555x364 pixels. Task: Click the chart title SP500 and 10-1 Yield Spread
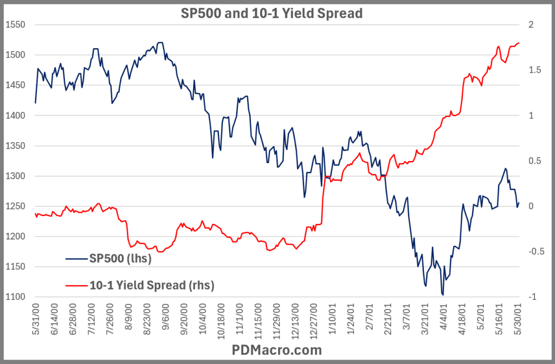(271, 14)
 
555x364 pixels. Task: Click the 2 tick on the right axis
(532, 25)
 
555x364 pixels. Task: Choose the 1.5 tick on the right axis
(534, 70)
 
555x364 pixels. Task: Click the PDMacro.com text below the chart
(277, 350)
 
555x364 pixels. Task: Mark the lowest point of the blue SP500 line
(443, 295)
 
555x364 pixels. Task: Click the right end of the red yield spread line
(519, 43)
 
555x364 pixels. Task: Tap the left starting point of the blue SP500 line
(35, 103)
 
